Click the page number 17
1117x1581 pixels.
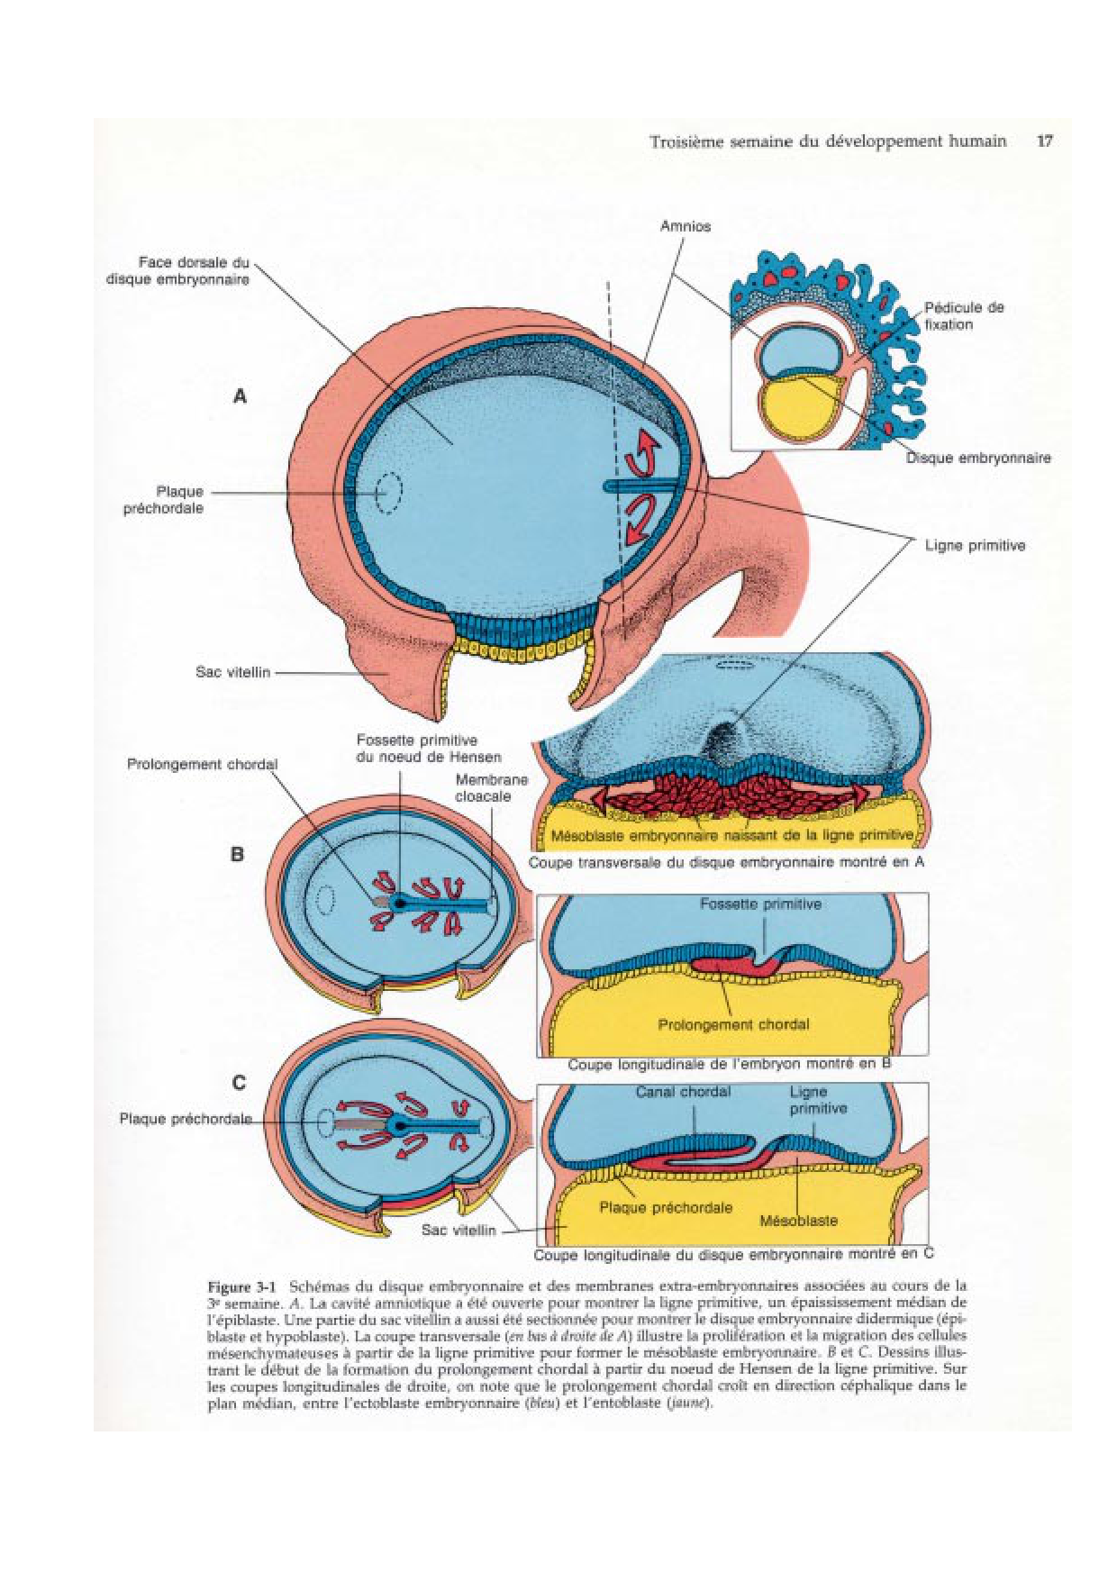coord(1044,141)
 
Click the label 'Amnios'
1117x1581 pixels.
coord(685,226)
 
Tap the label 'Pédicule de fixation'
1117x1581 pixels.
coord(963,315)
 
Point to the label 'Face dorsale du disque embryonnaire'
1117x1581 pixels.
coord(178,270)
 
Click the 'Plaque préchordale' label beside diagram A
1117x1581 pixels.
coord(164,500)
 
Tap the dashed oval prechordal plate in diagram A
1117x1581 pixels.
coord(388,494)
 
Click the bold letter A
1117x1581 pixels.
coord(240,396)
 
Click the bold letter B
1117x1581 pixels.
coord(238,854)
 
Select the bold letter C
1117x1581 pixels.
coord(239,1083)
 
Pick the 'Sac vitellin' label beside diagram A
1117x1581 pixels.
coord(232,672)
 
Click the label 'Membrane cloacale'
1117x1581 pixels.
coord(491,787)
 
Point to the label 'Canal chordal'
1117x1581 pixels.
coord(683,1092)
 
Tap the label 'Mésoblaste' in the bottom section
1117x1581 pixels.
coord(798,1221)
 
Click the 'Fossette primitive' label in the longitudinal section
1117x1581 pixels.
coord(760,904)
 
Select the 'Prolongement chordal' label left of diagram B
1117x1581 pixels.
coord(202,764)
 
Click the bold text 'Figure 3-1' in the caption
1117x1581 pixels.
coord(245,1286)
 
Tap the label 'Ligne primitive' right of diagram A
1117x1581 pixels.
coord(975,545)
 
